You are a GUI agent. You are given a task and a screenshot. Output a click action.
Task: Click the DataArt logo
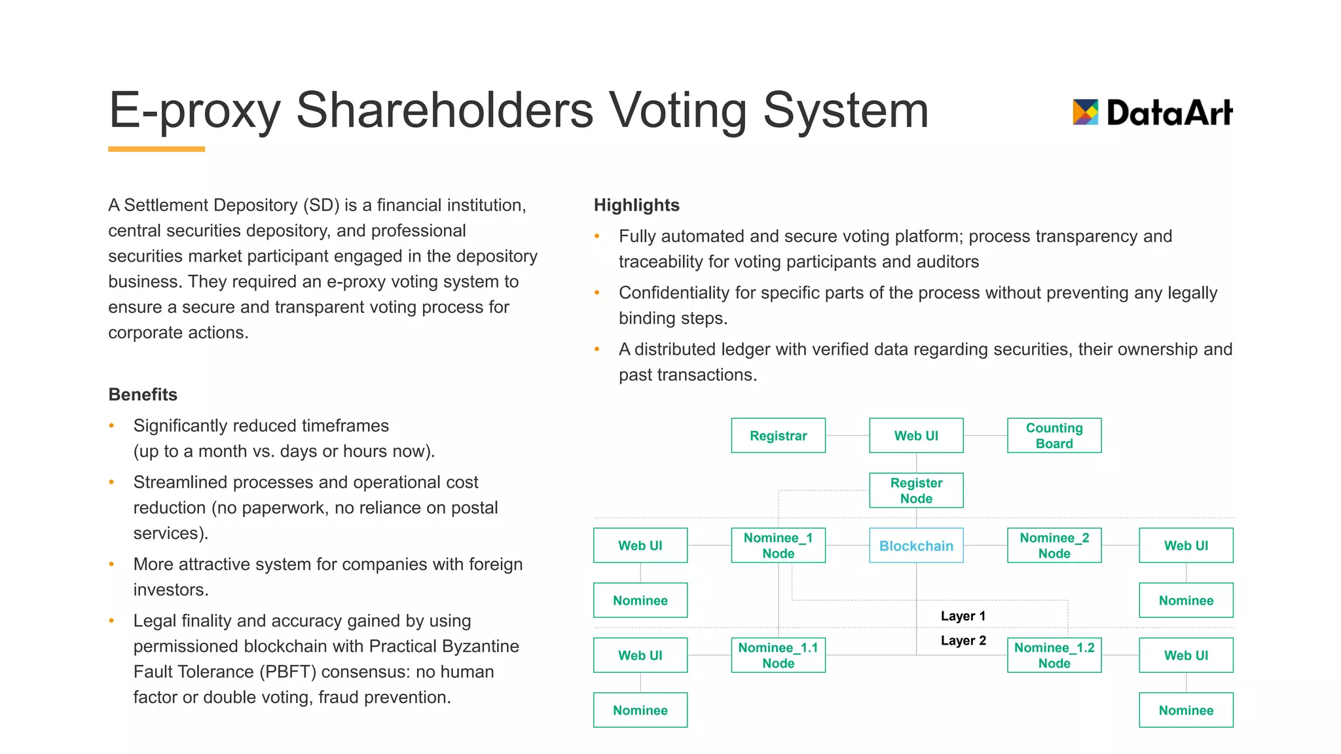1152,113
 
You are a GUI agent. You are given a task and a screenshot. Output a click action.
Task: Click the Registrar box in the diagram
778,436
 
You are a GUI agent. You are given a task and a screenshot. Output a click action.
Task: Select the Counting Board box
1054,436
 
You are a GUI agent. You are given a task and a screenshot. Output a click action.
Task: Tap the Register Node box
916,491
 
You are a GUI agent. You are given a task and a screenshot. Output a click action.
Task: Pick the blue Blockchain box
916,546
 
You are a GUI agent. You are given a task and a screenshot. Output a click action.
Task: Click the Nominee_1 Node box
778,546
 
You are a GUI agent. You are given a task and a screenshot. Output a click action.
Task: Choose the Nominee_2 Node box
1054,546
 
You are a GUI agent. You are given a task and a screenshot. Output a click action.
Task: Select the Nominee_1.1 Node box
778,656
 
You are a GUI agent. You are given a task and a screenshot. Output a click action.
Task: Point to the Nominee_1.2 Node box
1054,656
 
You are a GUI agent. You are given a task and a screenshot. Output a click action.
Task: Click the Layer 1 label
963,617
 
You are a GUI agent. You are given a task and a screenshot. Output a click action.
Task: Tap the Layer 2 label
963,641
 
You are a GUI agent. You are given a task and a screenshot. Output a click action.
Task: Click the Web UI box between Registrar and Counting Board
916,436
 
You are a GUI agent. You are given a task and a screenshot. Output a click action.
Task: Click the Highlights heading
636,206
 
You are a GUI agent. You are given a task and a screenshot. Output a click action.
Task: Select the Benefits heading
143,395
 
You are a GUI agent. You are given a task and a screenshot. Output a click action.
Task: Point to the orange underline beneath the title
156,149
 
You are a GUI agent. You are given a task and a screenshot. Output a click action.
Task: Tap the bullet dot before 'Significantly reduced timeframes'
112,426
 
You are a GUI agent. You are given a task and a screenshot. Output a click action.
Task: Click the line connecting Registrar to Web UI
847,436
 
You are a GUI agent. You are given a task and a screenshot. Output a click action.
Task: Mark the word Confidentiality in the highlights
674,293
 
